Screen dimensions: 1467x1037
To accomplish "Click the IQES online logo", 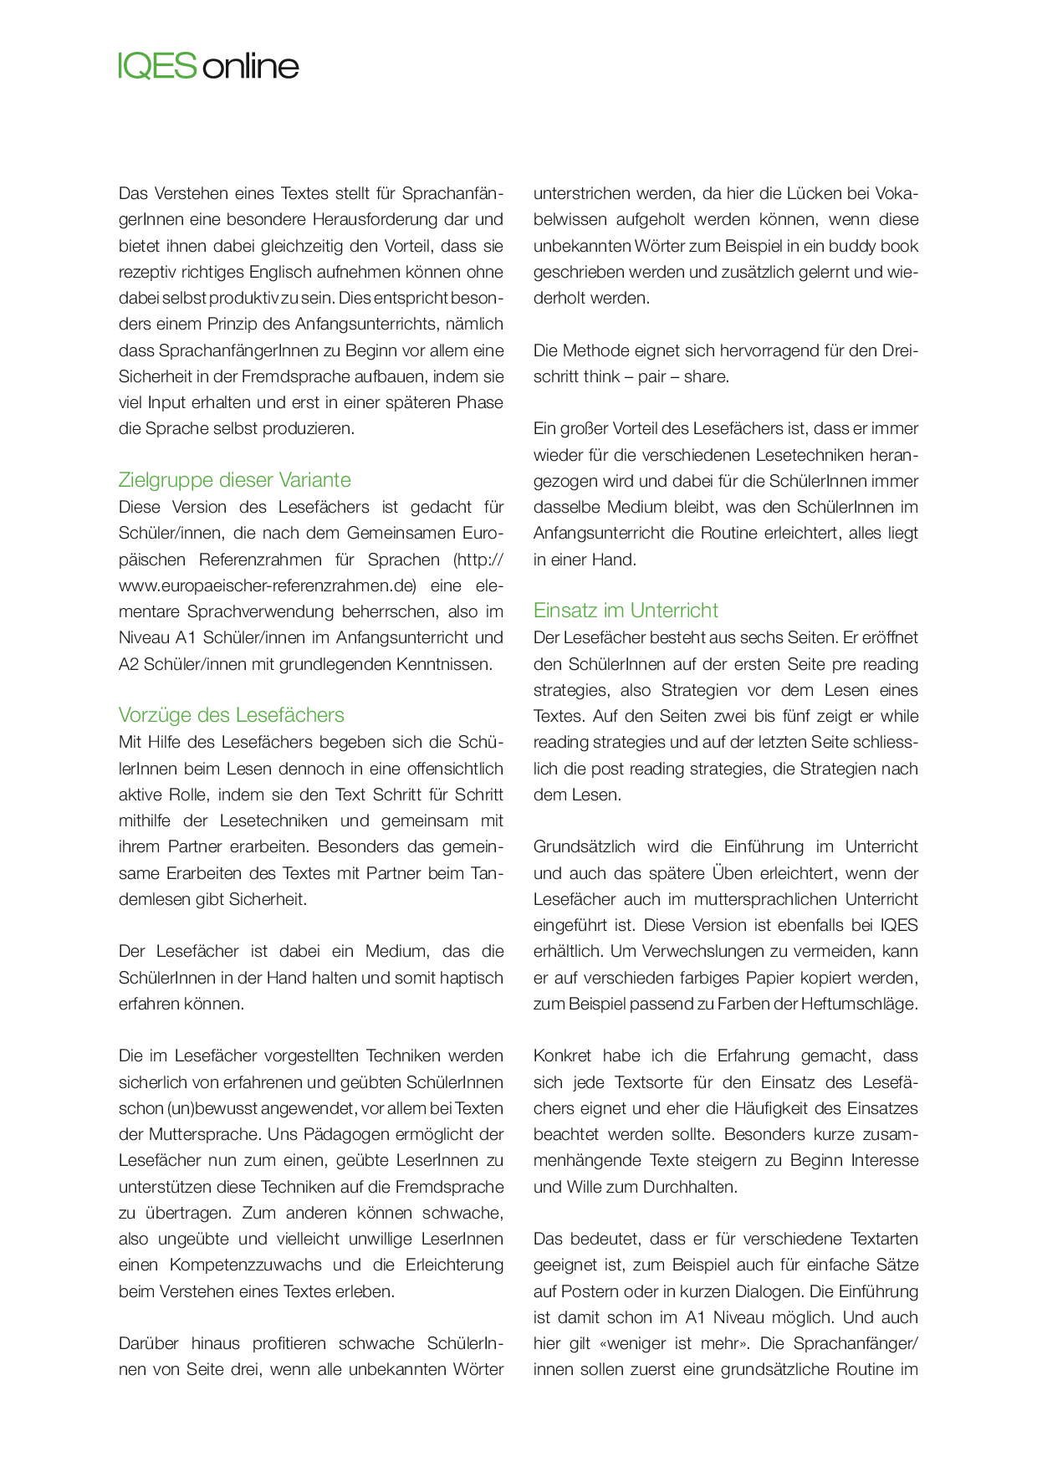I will [208, 65].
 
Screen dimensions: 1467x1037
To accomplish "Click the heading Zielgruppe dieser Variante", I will [234, 480].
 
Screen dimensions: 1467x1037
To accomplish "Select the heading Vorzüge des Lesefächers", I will [231, 715].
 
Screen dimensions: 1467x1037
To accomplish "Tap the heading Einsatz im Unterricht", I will [626, 611].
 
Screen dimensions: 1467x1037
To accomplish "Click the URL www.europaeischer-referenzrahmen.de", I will [267, 585].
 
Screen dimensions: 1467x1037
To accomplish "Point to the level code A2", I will [129, 664].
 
